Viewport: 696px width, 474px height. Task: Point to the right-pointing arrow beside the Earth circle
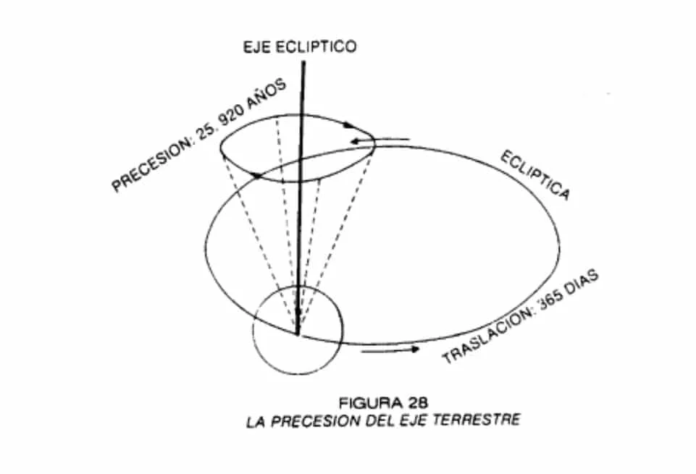pos(391,350)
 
